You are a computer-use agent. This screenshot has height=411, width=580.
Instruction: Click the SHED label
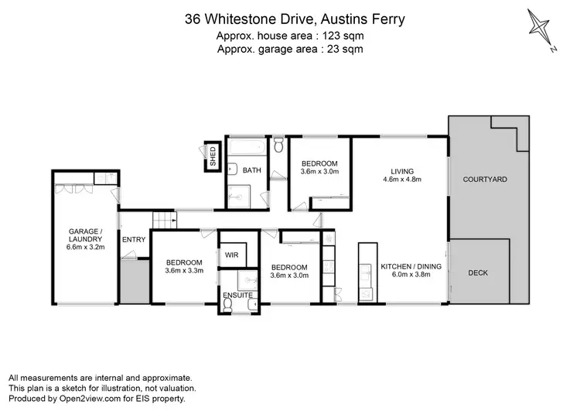point(211,156)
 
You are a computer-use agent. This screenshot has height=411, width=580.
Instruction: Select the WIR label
point(230,255)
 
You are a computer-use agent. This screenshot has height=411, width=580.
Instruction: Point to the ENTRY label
point(133,239)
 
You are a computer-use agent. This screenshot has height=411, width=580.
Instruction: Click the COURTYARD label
point(485,180)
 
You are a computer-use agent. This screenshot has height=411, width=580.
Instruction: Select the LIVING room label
point(401,171)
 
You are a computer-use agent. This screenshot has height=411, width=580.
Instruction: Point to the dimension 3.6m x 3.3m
point(184,272)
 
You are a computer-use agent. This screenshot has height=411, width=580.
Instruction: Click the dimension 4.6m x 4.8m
point(401,180)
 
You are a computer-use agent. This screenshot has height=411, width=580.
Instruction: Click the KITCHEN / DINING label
point(411,267)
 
